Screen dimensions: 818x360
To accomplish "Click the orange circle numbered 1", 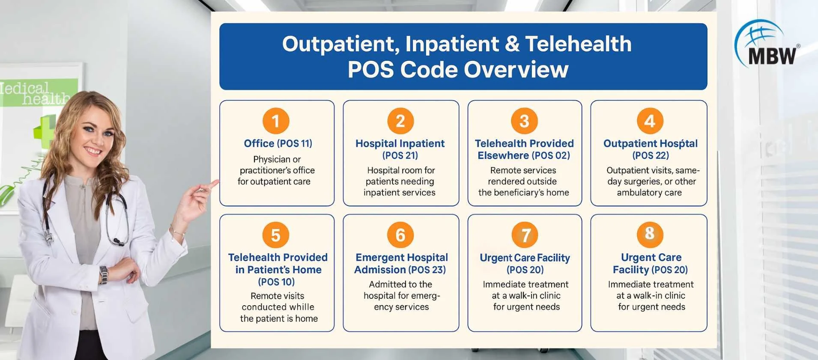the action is pyautogui.click(x=276, y=121).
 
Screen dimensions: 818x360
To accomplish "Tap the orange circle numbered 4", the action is pyautogui.click(x=650, y=121).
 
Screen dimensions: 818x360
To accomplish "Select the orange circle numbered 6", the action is pyautogui.click(x=400, y=235).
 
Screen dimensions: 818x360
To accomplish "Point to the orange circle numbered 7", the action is pyautogui.click(x=525, y=235).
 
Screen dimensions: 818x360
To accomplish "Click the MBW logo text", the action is pyautogui.click(x=772, y=56).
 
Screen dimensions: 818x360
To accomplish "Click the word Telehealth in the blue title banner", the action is pyautogui.click(x=578, y=44).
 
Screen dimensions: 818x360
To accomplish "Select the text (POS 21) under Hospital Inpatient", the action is pyautogui.click(x=400, y=155).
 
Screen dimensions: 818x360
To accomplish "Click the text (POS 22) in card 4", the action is pyautogui.click(x=651, y=155).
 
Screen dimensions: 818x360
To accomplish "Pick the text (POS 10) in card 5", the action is pyautogui.click(x=276, y=282).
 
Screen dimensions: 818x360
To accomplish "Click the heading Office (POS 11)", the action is pyautogui.click(x=278, y=143).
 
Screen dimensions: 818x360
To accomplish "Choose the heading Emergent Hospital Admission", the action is pyautogui.click(x=401, y=263).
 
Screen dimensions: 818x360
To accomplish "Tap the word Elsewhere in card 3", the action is pyautogui.click(x=503, y=155).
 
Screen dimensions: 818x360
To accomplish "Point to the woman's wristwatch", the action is pyautogui.click(x=103, y=275).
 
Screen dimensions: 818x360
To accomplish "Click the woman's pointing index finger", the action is pyautogui.click(x=211, y=184).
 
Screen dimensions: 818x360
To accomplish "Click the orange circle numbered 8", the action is pyautogui.click(x=650, y=234).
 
